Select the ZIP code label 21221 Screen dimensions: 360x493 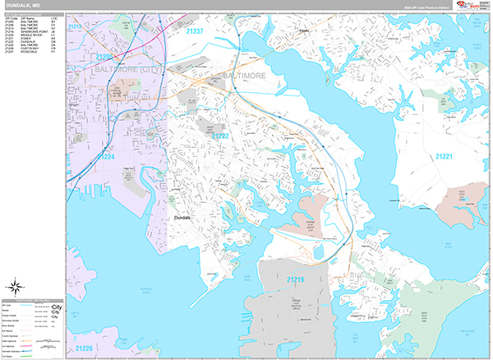[x=445, y=156]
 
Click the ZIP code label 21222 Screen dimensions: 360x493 [x=219, y=136]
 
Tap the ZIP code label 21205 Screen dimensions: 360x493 [x=104, y=57]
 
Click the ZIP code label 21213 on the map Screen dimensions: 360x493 [x=75, y=26]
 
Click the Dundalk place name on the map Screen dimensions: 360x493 [x=182, y=218]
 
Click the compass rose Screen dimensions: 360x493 [x=16, y=288]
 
